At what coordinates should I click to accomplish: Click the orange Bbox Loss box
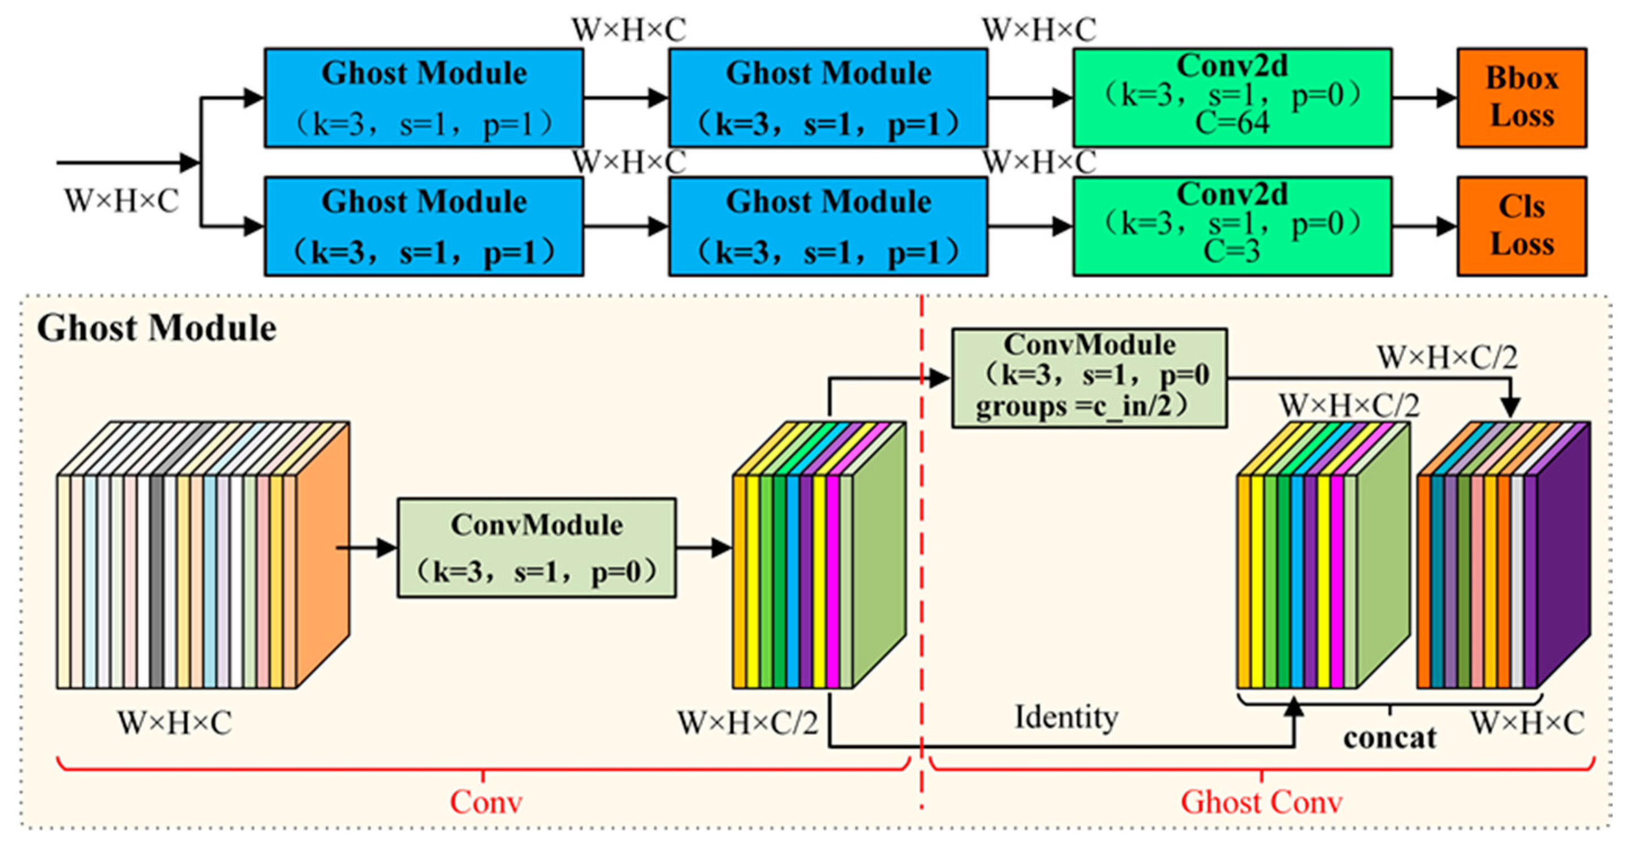pyautogui.click(x=1522, y=98)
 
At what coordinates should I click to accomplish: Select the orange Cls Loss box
pyautogui.click(x=1522, y=226)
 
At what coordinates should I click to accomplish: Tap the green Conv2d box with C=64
pyautogui.click(x=1232, y=98)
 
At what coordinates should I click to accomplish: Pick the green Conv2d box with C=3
pyautogui.click(x=1232, y=226)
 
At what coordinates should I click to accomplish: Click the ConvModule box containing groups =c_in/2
pyautogui.click(x=1090, y=378)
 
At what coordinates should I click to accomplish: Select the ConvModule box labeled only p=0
pyautogui.click(x=536, y=548)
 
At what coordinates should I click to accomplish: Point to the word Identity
pyautogui.click(x=1066, y=718)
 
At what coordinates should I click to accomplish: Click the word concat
pyautogui.click(x=1390, y=738)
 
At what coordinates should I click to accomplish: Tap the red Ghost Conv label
pyautogui.click(x=1261, y=802)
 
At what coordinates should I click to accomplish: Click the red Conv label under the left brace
pyautogui.click(x=485, y=802)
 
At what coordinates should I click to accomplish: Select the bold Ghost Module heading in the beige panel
pyautogui.click(x=156, y=328)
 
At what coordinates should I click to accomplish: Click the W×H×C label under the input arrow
pyautogui.click(x=121, y=201)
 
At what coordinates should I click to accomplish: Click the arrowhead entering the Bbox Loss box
pyautogui.click(x=1447, y=98)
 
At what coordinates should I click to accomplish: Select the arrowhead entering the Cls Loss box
pyautogui.click(x=1447, y=226)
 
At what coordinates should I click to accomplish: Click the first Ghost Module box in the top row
pyautogui.click(x=424, y=98)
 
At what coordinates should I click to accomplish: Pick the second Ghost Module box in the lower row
pyautogui.click(x=828, y=226)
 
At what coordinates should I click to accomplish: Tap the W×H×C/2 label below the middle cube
pyautogui.click(x=748, y=723)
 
